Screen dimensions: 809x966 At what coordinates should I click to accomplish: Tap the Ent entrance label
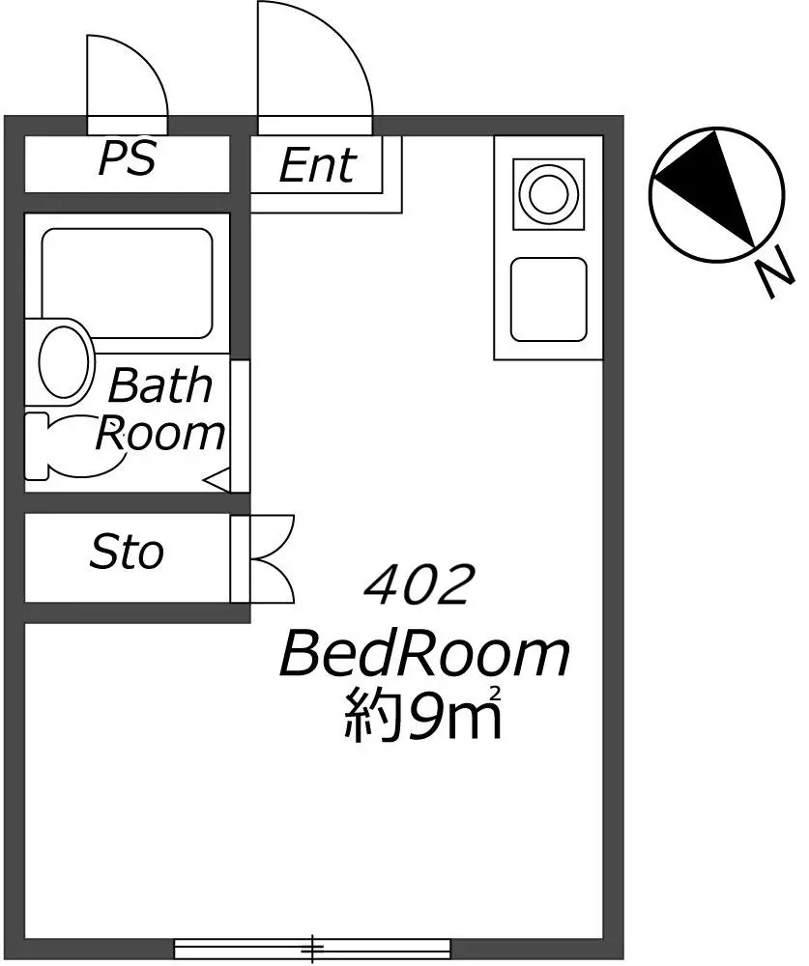(318, 165)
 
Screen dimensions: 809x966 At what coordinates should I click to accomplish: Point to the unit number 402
(419, 584)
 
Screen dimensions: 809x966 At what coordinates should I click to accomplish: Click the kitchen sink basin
(548, 299)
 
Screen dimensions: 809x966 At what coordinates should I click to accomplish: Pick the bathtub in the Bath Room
(127, 283)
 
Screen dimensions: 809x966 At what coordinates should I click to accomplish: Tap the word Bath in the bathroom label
(160, 385)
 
